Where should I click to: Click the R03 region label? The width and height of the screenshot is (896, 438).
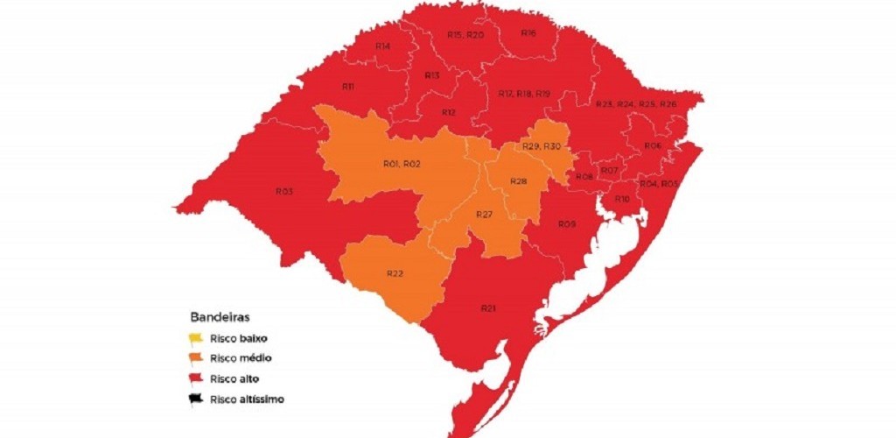[284, 191]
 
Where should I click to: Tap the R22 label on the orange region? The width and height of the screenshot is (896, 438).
[395, 274]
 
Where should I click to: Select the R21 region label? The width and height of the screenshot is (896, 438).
[488, 308]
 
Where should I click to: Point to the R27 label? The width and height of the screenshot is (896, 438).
[484, 215]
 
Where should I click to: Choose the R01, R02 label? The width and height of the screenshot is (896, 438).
[402, 165]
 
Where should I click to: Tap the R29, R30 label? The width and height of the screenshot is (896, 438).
[541, 146]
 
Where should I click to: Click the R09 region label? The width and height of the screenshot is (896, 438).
[567, 225]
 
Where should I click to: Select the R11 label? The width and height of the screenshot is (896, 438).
[347, 88]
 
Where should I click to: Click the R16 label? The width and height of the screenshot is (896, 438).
[528, 32]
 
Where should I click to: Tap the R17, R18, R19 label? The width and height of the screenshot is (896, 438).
[523, 94]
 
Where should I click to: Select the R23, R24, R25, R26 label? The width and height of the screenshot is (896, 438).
[635, 104]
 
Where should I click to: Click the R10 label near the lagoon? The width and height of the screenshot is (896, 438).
[622, 200]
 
